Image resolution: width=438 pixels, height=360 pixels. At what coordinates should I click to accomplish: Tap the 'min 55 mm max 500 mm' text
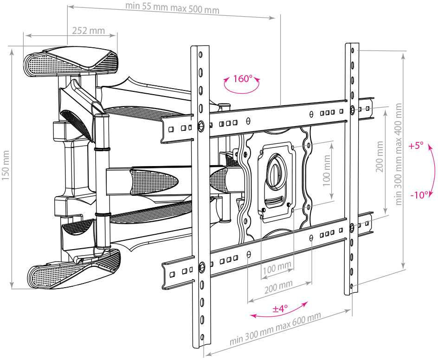pos(173,8)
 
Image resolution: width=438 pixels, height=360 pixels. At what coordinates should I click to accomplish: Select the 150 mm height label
pos(6,168)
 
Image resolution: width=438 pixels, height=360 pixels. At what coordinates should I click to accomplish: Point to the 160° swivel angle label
pos(241,78)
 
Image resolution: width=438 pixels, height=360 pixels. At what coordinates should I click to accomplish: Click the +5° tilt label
pos(416,146)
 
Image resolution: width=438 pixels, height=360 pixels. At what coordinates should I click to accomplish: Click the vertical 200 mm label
pos(380,156)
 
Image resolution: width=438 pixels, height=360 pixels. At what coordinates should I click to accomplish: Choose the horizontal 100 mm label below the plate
pos(277,268)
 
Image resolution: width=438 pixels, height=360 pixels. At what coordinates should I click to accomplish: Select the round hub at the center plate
pos(277,169)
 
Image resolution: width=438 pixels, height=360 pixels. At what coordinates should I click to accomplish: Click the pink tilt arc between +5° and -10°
pos(434,170)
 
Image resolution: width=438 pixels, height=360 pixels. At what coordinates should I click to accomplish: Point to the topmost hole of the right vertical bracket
pos(352,50)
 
